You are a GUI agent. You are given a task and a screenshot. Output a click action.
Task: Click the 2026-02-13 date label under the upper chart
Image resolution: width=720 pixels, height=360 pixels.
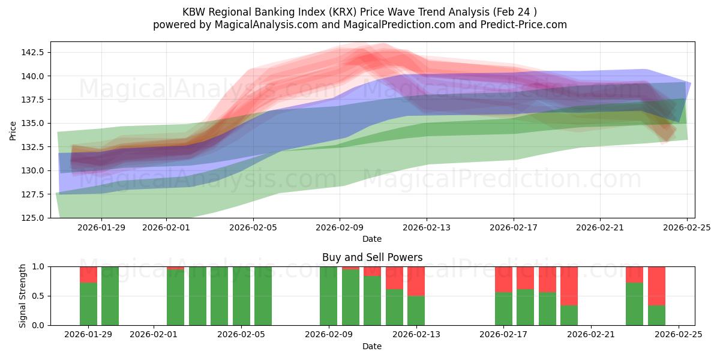[x=427, y=227]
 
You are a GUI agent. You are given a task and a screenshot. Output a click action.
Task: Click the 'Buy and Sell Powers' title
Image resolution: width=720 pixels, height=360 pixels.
[x=372, y=257]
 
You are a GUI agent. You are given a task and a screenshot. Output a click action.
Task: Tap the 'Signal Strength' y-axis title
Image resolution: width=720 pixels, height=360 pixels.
[x=22, y=296]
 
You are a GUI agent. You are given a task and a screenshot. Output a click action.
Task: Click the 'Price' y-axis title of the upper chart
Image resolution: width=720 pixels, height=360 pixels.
[x=13, y=130]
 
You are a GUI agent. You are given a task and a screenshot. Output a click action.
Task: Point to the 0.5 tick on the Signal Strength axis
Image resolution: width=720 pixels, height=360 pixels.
[x=38, y=296]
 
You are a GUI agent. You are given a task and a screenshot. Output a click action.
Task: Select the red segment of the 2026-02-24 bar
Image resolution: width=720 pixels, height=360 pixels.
[x=656, y=286]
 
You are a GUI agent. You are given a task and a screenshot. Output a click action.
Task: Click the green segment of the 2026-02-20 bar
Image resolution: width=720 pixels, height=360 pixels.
[x=569, y=315]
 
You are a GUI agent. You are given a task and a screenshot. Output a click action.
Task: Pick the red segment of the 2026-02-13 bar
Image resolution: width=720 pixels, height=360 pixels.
[x=416, y=281]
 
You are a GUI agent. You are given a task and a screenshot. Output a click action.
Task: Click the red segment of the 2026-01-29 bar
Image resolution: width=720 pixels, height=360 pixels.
[x=88, y=274]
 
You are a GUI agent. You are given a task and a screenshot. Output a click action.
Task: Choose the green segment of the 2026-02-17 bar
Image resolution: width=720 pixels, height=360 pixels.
[x=503, y=308]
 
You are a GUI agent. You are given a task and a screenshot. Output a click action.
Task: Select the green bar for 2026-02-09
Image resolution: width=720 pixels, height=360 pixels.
[x=328, y=296]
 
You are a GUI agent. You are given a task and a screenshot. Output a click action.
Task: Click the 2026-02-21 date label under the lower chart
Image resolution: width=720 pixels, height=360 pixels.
[x=590, y=335]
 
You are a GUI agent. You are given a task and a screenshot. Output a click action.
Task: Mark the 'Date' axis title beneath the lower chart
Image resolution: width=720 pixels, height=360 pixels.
[x=372, y=346]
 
